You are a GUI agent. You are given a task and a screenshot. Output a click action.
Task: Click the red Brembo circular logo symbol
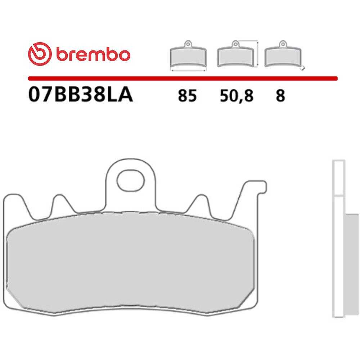pos(40,54)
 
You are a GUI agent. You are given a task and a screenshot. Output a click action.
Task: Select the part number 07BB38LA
pos(80,95)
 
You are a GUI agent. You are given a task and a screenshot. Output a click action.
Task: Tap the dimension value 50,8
pos(237,96)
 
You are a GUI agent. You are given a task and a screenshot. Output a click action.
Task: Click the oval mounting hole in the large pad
pos(131,181)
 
